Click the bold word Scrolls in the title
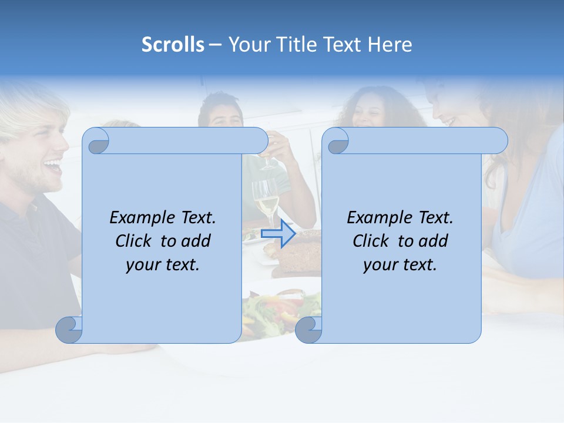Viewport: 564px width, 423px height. pyautogui.click(x=173, y=45)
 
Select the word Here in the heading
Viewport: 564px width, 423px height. pyautogui.click(x=390, y=45)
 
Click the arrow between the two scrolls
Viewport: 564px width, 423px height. pyautogui.click(x=278, y=233)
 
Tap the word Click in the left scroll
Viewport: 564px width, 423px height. pyautogui.click(x=135, y=241)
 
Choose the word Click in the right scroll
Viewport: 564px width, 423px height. pyautogui.click(x=372, y=241)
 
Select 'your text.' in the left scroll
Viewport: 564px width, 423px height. pyautogui.click(x=163, y=264)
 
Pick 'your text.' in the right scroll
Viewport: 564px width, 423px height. pyautogui.click(x=400, y=264)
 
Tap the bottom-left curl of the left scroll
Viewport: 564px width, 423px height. pyautogui.click(x=69, y=330)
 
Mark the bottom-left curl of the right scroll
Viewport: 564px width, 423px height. pyautogui.click(x=308, y=330)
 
